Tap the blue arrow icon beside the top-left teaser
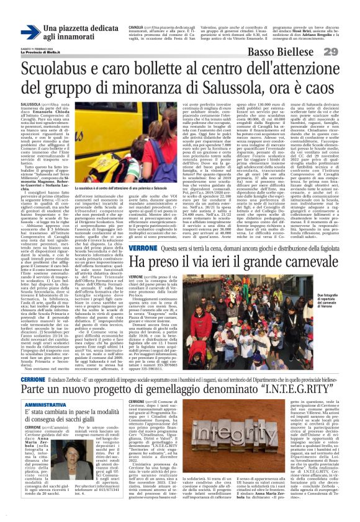(29, 32)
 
